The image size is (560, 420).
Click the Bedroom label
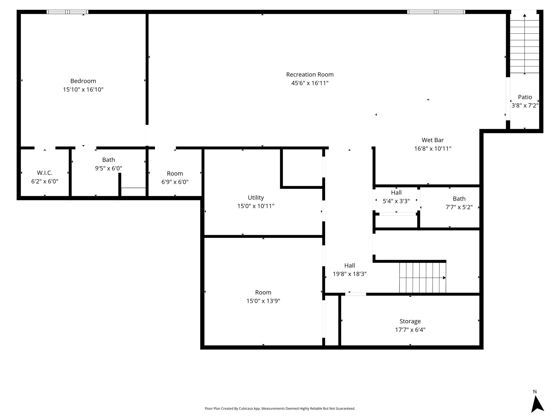click(x=83, y=81)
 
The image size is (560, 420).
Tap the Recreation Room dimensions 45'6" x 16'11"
click(x=310, y=83)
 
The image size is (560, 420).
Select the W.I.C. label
click(x=45, y=173)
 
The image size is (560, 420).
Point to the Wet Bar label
click(x=433, y=140)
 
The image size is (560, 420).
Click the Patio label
click(x=525, y=97)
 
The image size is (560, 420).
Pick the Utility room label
click(x=256, y=198)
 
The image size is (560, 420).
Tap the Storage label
click(x=410, y=321)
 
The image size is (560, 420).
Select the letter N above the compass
click(x=535, y=392)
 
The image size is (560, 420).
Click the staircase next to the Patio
click(x=524, y=44)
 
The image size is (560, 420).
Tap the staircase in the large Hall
click(x=423, y=278)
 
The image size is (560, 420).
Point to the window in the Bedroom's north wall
click(x=67, y=12)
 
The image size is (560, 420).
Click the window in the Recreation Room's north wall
click(x=436, y=12)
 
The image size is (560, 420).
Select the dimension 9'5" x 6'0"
click(x=109, y=168)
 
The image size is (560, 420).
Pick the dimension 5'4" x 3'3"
click(x=396, y=201)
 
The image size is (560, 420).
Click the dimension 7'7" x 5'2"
click(x=459, y=207)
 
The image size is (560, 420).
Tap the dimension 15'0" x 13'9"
click(x=263, y=301)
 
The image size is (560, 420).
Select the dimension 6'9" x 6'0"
click(x=175, y=182)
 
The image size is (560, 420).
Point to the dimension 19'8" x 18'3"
click(x=350, y=274)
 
